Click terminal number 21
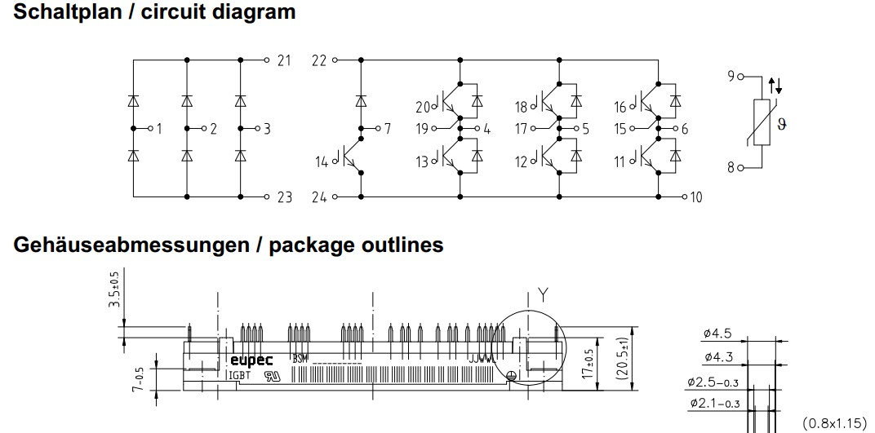tap(283, 61)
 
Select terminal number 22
tap(318, 61)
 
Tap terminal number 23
tap(283, 197)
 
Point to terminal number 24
tap(318, 197)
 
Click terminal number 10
tap(695, 197)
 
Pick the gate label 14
tap(322, 162)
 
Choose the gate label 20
tap(422, 107)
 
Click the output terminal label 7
tap(388, 129)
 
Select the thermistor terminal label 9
tap(731, 76)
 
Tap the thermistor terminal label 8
tap(731, 168)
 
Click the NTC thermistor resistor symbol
tap(762, 123)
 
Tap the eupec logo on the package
tap(251, 359)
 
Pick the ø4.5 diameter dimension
tap(716, 333)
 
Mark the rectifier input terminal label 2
tap(213, 129)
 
